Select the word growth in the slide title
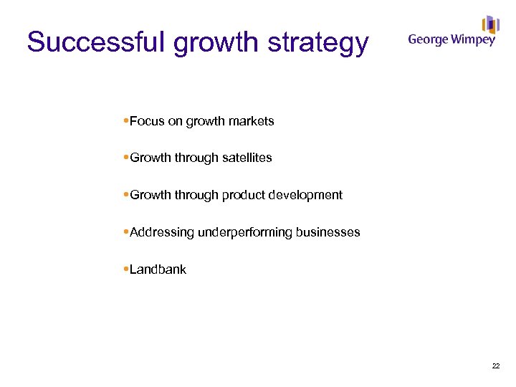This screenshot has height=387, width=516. point(216,44)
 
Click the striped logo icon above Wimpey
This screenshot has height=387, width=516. point(490,24)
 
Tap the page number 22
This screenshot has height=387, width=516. point(496,366)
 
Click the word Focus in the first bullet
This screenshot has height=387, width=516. point(147,121)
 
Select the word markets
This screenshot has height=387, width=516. point(251,121)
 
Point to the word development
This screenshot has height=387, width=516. point(307,195)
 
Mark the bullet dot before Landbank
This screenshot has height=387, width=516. point(126,269)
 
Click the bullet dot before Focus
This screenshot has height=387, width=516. point(126,121)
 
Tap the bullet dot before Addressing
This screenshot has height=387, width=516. point(126,232)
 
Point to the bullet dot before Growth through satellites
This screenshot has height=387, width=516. point(126,158)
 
